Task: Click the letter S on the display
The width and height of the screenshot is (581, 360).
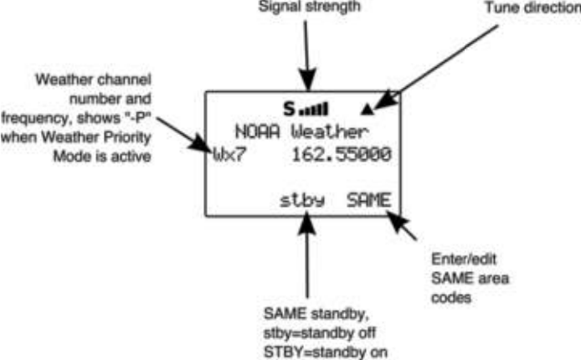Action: pos(289,109)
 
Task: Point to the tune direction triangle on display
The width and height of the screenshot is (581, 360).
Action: pos(367,108)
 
